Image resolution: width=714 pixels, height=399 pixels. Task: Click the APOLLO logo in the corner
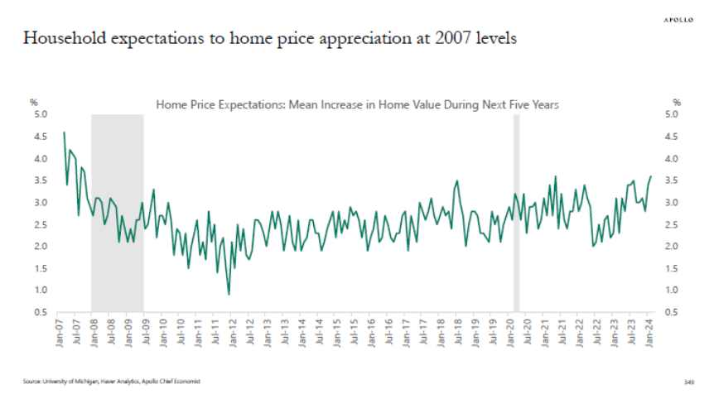pyautogui.click(x=678, y=19)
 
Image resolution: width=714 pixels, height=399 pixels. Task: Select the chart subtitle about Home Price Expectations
pyautogui.click(x=358, y=105)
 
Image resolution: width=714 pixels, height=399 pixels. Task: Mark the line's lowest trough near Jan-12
pyautogui.click(x=228, y=294)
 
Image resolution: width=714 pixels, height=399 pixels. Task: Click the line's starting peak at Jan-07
pyautogui.click(x=64, y=132)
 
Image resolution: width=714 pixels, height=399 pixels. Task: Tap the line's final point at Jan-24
pyautogui.click(x=650, y=176)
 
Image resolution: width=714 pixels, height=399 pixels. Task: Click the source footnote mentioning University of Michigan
pyautogui.click(x=112, y=382)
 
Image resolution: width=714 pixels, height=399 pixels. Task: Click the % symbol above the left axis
pyautogui.click(x=34, y=102)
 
